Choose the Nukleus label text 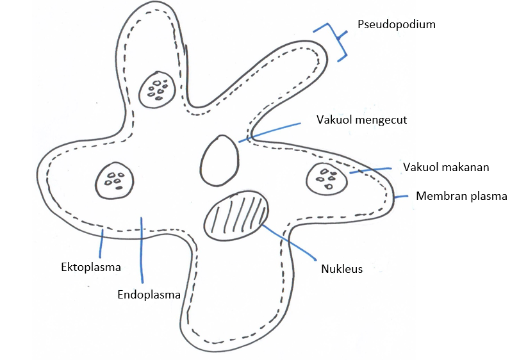pos(342,269)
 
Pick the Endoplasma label pos(149,295)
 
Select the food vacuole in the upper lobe pos(157,88)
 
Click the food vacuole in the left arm pos(115,180)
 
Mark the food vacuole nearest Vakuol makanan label pos(327,179)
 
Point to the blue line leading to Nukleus pos(288,241)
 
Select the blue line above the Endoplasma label pos(141,250)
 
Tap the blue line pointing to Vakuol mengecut pos(269,131)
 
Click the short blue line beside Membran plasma pos(401,196)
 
